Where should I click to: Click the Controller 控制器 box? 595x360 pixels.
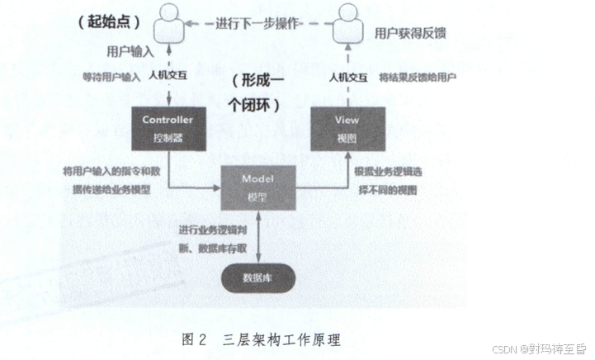[168, 129]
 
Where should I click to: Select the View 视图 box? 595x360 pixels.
[347, 129]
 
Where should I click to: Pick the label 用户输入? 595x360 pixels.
[130, 51]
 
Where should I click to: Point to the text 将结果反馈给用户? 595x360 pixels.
[418, 78]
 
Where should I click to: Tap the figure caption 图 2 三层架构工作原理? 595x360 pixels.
[259, 339]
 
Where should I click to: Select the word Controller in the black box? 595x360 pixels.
[168, 120]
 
